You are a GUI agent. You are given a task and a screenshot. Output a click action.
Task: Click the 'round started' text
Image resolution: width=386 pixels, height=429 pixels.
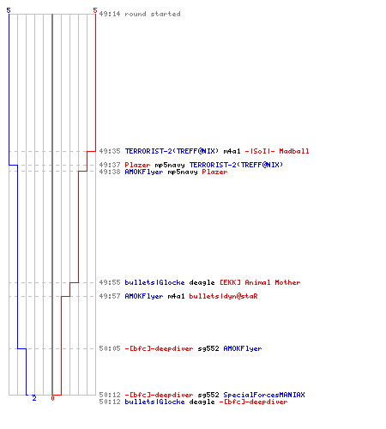coord(153,14)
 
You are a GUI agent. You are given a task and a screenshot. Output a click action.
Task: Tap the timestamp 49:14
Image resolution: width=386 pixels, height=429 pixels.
coord(110,14)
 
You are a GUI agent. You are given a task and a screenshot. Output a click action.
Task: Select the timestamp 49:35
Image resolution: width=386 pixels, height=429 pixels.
coord(110,151)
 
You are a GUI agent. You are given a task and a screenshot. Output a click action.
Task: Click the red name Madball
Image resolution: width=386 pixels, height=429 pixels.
coord(294,151)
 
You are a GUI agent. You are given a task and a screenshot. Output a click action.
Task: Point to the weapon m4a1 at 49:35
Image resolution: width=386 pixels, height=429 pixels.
coord(232,151)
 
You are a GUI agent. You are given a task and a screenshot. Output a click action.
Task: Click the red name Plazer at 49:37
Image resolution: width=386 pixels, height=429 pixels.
coord(137,165)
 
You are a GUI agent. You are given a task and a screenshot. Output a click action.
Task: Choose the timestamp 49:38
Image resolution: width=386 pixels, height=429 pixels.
coord(110,172)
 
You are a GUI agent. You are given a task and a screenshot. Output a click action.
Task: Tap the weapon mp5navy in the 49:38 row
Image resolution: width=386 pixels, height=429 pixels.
coord(183,172)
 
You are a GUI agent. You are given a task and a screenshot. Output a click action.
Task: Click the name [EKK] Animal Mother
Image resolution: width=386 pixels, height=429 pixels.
coord(260,282)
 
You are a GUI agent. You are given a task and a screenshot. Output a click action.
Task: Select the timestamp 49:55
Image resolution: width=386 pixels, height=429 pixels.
coord(110,282)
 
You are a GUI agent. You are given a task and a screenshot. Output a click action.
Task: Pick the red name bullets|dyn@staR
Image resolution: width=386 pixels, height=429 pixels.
coord(223,296)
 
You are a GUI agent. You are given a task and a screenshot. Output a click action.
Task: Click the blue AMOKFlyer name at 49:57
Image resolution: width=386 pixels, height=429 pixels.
coord(144,296)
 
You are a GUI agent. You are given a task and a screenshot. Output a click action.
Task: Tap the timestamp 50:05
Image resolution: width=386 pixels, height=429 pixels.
coord(110,348)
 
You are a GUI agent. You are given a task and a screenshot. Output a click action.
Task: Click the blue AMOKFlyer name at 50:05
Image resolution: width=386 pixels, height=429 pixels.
coord(243,348)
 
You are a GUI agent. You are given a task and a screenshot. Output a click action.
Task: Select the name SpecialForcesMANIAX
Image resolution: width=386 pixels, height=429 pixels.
coord(264,395)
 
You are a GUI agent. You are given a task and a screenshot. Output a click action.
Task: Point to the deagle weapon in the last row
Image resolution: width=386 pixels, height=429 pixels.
coord(202,402)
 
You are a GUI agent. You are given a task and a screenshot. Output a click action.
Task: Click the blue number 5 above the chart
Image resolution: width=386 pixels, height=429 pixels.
coord(9,10)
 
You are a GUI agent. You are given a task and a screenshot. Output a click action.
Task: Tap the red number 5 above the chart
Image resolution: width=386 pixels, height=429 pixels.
coord(95,10)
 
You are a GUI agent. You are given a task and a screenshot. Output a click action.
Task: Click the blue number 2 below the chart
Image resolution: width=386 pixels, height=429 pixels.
coord(34,398)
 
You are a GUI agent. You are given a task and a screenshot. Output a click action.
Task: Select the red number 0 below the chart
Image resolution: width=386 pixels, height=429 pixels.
coord(52,398)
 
